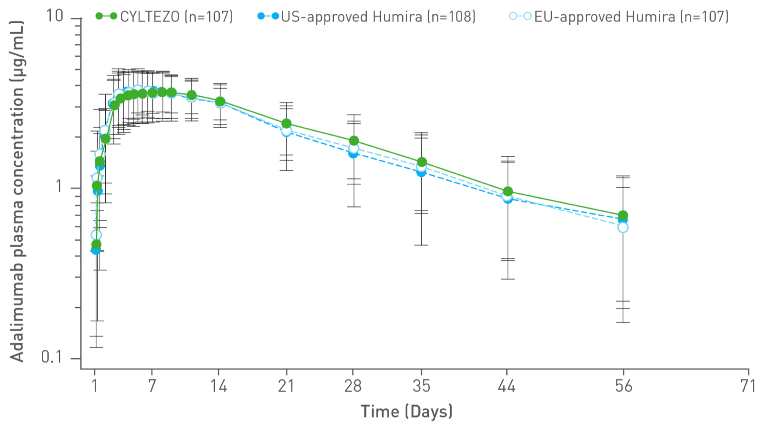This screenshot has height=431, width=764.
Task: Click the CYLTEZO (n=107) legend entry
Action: [165, 16]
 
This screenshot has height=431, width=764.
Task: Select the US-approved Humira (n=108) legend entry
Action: [367, 16]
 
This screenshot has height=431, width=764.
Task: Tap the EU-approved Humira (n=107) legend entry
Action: [619, 16]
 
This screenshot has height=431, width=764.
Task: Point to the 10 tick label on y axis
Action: [55, 15]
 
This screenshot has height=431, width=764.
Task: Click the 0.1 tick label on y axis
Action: [51, 357]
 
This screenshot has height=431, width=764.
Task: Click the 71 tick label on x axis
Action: [747, 386]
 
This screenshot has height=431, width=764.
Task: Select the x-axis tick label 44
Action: [507, 386]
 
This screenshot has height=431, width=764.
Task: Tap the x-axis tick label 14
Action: [219, 386]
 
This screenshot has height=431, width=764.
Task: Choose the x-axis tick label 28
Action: [353, 386]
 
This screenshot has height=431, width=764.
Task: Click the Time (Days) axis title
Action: [406, 412]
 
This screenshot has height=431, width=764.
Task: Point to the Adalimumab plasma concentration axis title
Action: [17, 191]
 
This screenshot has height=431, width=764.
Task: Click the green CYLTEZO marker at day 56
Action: [623, 215]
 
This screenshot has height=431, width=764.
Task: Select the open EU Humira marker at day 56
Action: [623, 228]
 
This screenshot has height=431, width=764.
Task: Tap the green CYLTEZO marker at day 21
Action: [286, 123]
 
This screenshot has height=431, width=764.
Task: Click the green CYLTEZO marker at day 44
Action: [508, 191]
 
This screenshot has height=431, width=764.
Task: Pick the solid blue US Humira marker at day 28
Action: [353, 153]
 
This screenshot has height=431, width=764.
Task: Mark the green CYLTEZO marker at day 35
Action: [422, 162]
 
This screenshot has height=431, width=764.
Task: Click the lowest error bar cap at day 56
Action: [623, 323]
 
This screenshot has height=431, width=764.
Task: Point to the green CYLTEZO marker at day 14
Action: [220, 101]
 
